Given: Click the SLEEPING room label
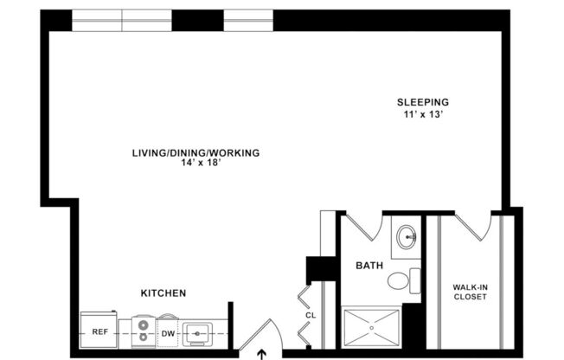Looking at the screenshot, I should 423,101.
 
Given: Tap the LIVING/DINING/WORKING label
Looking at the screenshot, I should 195,153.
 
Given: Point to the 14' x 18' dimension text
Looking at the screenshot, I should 195,164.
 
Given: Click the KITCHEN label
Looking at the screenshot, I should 163,293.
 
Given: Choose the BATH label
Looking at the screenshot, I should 369,267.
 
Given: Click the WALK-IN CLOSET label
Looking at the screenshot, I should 470,292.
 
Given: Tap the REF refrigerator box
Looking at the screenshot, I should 99,331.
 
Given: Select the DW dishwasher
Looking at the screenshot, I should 168,331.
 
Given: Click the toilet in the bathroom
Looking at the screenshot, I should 401,280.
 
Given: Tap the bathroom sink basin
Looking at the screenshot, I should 407,235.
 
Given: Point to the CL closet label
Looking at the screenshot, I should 311,316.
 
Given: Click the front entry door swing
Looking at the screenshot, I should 260,336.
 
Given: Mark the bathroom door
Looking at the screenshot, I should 362,227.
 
